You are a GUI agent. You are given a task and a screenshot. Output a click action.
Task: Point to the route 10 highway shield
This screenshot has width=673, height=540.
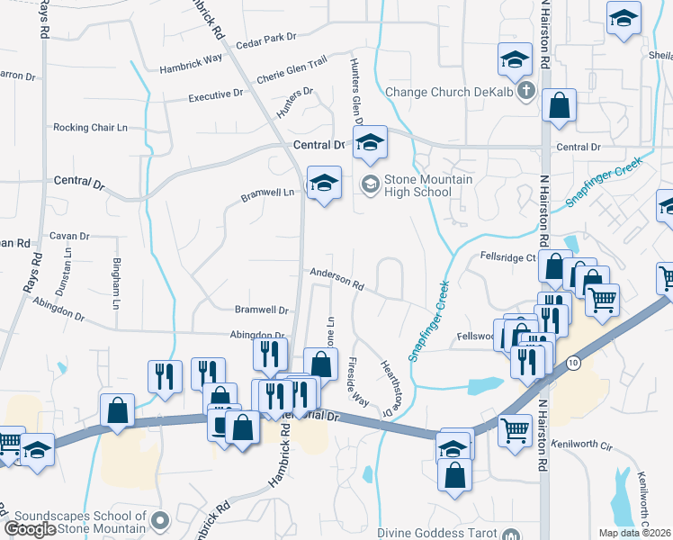[x=572, y=362]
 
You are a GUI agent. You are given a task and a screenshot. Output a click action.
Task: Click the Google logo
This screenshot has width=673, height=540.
[x=30, y=529]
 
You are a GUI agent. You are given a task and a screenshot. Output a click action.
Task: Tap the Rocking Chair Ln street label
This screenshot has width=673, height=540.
[x=89, y=128]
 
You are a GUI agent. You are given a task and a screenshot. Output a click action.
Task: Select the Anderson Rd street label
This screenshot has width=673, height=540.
[x=336, y=280]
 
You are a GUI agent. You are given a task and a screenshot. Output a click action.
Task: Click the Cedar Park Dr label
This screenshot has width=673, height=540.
[x=265, y=41]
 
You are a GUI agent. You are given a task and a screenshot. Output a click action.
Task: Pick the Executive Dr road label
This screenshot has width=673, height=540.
[x=216, y=94]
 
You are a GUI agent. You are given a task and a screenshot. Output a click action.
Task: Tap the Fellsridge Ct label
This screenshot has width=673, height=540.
[x=507, y=256]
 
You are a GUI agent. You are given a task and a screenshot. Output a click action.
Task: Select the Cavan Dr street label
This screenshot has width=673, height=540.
[x=70, y=236]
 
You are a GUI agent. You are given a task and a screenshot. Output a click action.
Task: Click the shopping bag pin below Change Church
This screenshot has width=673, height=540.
[x=559, y=105]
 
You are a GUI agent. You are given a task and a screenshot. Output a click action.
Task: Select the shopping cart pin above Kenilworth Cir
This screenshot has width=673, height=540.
[x=514, y=430]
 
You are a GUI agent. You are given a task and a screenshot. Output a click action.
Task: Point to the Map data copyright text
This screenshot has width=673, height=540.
[x=634, y=533]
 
